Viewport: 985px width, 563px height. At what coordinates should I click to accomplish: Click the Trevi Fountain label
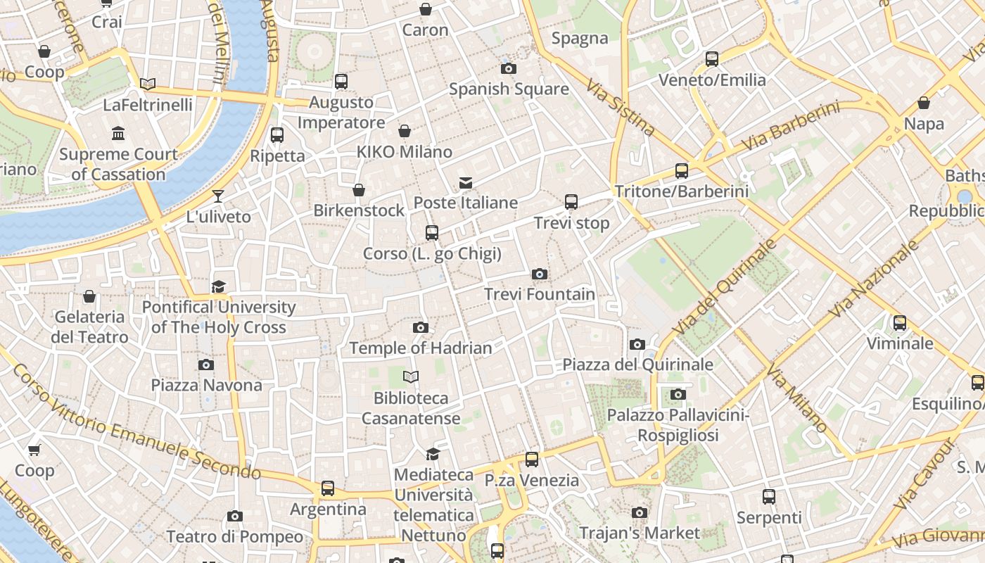(x=540, y=294)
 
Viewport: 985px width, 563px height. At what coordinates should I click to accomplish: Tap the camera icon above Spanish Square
(x=508, y=68)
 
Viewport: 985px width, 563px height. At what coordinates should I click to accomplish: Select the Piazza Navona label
(x=206, y=385)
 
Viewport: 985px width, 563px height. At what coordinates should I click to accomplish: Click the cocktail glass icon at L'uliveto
(x=219, y=196)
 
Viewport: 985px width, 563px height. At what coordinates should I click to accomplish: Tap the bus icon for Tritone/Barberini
(x=681, y=170)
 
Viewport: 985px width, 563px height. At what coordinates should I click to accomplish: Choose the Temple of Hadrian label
(x=421, y=348)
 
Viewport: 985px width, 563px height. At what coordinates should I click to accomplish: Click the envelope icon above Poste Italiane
(x=465, y=183)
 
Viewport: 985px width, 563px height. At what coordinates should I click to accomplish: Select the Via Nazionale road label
(x=875, y=279)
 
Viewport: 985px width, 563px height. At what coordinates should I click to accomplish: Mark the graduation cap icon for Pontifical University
(x=219, y=286)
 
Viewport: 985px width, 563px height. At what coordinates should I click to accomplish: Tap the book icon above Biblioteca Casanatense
(x=411, y=377)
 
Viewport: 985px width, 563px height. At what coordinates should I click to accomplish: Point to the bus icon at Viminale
(x=899, y=323)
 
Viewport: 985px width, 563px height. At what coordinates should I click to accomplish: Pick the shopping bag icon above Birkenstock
(x=359, y=190)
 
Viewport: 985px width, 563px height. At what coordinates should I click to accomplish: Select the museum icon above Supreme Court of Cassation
(x=118, y=133)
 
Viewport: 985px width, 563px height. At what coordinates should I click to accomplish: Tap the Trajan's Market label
(x=640, y=533)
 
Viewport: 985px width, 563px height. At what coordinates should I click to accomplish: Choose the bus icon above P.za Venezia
(x=532, y=460)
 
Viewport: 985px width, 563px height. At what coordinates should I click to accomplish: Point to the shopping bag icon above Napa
(x=924, y=103)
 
